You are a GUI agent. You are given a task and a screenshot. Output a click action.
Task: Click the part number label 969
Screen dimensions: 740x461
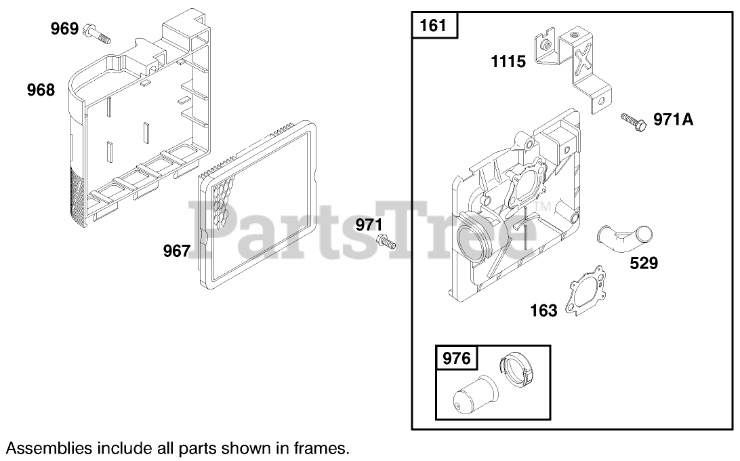(x=64, y=28)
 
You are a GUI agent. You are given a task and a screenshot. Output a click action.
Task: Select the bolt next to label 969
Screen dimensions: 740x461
(x=97, y=33)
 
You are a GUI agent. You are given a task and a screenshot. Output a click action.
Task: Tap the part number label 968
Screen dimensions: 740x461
(x=41, y=89)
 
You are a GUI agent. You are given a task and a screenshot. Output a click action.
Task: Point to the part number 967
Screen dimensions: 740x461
(x=176, y=251)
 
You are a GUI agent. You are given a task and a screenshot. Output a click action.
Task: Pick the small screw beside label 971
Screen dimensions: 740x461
(x=386, y=242)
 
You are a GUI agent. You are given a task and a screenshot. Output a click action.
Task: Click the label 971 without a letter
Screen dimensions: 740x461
(x=369, y=224)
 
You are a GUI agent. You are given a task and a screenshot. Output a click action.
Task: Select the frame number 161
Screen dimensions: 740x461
(x=433, y=25)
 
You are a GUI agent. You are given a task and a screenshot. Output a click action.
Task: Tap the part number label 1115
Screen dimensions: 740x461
(x=508, y=62)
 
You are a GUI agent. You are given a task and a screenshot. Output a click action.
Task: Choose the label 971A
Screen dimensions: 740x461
(x=674, y=119)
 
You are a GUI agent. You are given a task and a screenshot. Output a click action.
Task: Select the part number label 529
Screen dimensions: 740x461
(x=644, y=262)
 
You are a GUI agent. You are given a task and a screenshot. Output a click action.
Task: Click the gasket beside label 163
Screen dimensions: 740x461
(x=585, y=290)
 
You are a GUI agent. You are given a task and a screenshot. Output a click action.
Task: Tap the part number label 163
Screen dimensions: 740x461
(x=543, y=310)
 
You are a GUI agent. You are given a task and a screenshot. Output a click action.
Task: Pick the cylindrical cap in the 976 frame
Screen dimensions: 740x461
(x=475, y=396)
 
